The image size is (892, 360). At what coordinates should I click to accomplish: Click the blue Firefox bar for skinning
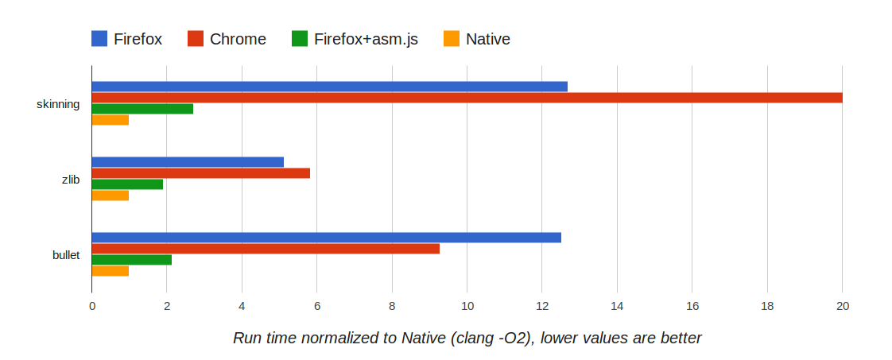(329, 87)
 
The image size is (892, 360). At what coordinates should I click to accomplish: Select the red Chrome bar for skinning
(467, 98)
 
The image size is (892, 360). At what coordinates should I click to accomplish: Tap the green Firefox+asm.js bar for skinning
(142, 109)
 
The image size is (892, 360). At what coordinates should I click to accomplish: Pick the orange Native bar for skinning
(111, 120)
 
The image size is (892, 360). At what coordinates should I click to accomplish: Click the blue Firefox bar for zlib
(188, 162)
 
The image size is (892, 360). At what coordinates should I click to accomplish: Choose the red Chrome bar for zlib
(200, 173)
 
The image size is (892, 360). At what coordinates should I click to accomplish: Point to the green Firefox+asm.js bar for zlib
(127, 184)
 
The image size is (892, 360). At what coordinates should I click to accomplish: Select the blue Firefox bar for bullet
(326, 238)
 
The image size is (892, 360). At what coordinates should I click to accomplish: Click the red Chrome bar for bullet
(266, 249)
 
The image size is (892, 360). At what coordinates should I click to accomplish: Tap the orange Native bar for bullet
(111, 271)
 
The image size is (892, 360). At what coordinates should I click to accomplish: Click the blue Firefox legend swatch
(99, 38)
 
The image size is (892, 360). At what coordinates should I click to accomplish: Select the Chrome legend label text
(238, 39)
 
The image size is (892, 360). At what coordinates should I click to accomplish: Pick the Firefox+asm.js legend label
(366, 39)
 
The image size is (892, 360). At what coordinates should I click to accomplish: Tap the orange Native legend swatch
(452, 38)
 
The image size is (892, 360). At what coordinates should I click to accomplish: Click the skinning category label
(58, 104)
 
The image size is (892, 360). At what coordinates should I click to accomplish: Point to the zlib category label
(71, 180)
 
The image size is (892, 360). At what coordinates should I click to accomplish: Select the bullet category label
(66, 255)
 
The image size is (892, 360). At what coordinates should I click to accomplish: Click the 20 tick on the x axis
(842, 306)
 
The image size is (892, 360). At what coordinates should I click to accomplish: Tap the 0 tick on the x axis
(92, 306)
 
